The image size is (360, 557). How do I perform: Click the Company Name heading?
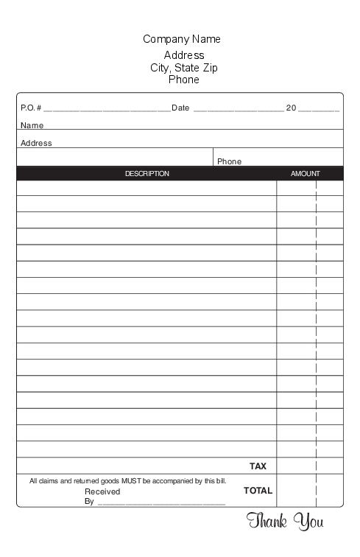point(182,39)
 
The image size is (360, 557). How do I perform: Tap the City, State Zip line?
point(184,68)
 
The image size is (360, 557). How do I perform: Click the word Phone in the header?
point(184,80)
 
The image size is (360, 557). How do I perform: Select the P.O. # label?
point(31,108)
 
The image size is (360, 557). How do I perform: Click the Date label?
point(180,108)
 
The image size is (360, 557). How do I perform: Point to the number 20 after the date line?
point(291,108)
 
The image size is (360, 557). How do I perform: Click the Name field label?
point(32,125)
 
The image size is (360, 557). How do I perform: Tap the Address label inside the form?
point(36,143)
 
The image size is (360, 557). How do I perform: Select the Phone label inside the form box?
point(229,161)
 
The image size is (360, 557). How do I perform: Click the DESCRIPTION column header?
point(147,174)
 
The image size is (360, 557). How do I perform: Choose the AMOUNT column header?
point(306,174)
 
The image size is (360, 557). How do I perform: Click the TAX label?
point(258,466)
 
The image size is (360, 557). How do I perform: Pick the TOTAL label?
point(258,490)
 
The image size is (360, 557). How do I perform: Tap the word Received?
point(102,491)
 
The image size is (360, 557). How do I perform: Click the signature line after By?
point(161,502)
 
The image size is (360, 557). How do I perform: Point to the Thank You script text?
point(285,522)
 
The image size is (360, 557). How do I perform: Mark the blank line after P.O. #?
point(107,109)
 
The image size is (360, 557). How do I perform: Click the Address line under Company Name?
point(184,55)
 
